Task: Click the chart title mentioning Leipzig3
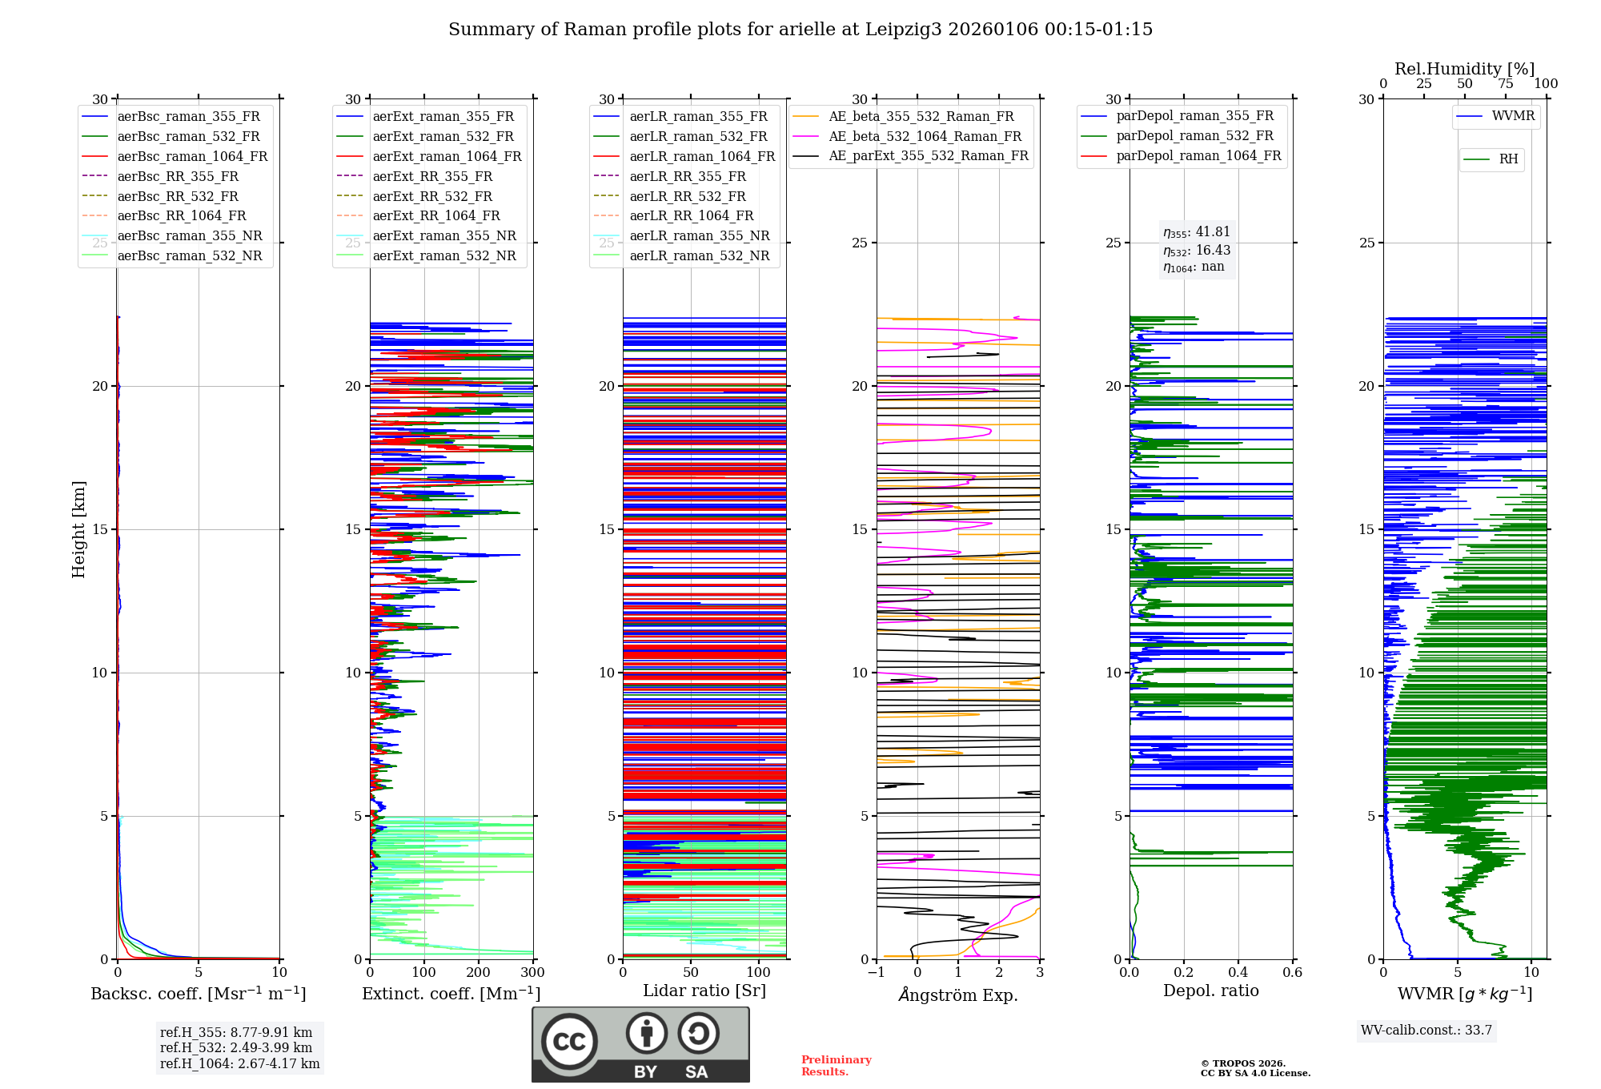click(x=800, y=30)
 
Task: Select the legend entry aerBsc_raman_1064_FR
click(x=192, y=156)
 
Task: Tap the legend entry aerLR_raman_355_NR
click(x=699, y=235)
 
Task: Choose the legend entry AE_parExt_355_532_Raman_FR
click(x=928, y=155)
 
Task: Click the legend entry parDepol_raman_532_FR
click(x=1194, y=135)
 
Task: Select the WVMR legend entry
click(x=1512, y=116)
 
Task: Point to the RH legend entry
click(x=1507, y=159)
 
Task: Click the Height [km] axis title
click(x=78, y=528)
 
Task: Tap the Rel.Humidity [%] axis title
click(x=1464, y=69)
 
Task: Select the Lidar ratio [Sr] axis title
click(x=704, y=991)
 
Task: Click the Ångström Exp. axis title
click(x=958, y=995)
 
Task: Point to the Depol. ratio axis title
click(x=1210, y=991)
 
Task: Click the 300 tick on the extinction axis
click(x=533, y=973)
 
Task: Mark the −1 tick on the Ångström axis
click(x=877, y=973)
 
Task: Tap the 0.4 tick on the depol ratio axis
click(x=1238, y=973)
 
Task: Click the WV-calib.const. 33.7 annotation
click(x=1426, y=1031)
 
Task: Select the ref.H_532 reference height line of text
click(x=236, y=1047)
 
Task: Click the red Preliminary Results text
click(x=836, y=1066)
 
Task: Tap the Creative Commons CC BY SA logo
click(x=640, y=1045)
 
